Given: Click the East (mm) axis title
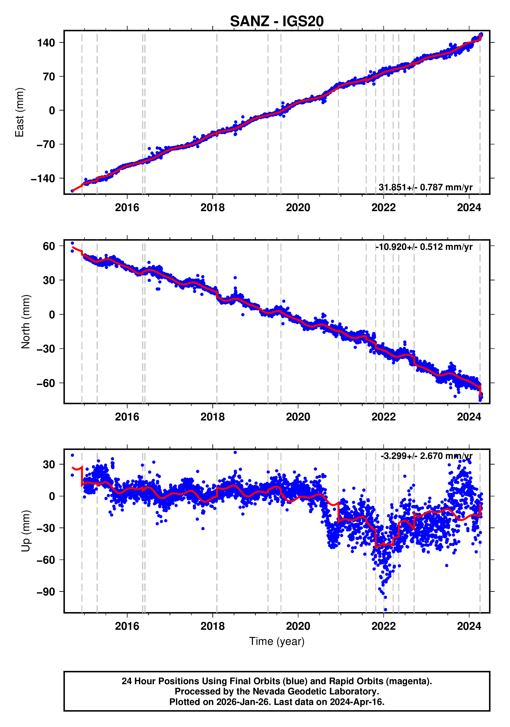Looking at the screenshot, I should tap(20, 112).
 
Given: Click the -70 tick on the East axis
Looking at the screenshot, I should tap(46, 144).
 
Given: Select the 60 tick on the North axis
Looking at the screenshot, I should tap(49, 246).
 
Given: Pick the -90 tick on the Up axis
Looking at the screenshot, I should tap(46, 592).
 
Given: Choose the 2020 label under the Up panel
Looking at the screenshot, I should tap(298, 626).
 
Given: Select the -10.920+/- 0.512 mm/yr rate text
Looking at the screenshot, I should tap(424, 247).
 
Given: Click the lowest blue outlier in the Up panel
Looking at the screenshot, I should tap(385, 610).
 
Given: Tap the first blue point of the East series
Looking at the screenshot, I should tap(72, 191).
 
